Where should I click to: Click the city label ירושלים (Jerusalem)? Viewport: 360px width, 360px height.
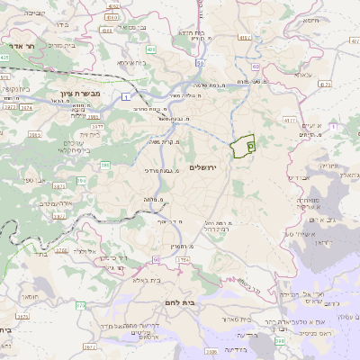(206, 157)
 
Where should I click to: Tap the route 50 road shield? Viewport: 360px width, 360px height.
(199, 63)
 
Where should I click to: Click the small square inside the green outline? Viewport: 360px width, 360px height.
(250, 143)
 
